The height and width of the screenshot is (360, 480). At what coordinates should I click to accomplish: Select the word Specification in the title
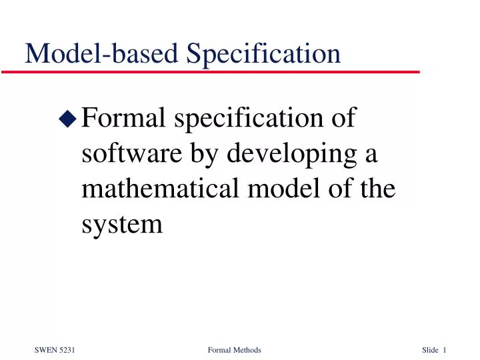pyautogui.click(x=263, y=53)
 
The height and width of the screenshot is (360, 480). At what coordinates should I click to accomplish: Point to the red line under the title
pyautogui.click(x=220, y=71)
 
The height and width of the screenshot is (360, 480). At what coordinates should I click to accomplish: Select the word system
pyautogui.click(x=121, y=225)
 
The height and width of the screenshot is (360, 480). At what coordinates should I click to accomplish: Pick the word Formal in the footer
pyautogui.click(x=219, y=351)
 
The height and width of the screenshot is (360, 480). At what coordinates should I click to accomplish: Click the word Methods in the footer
pyautogui.click(x=247, y=351)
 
